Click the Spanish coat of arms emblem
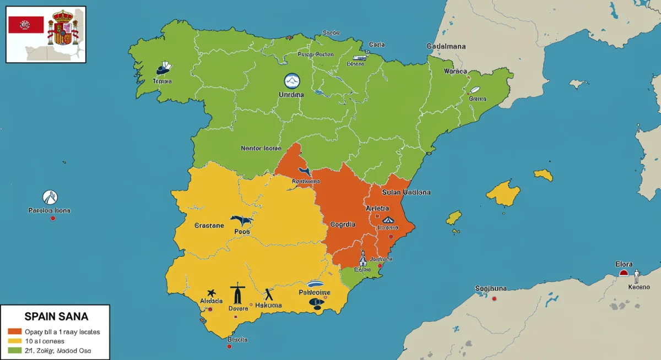(x=62, y=28)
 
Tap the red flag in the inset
(x=26, y=25)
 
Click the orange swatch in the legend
(x=15, y=331)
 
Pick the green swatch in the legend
(x=15, y=350)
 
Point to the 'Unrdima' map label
(x=291, y=95)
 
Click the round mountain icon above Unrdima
(x=291, y=81)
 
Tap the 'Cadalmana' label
(x=446, y=47)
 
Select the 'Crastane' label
(x=209, y=225)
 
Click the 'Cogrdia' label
(x=343, y=225)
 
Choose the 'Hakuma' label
(x=269, y=305)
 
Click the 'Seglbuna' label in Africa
(x=491, y=288)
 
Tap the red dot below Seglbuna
(x=494, y=298)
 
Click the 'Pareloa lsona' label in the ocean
(x=49, y=210)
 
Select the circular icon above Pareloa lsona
(x=50, y=197)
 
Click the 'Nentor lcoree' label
(x=261, y=148)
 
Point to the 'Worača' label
(x=455, y=72)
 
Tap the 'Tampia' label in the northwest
(x=162, y=81)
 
